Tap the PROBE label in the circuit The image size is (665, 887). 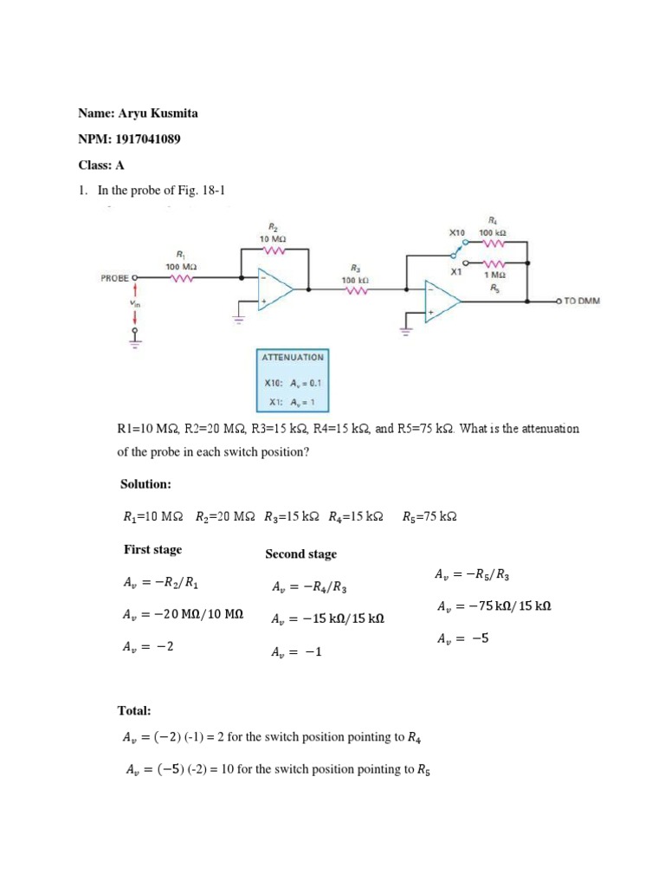point(114,278)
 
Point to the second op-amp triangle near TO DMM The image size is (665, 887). point(441,301)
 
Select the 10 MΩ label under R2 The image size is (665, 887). point(273,237)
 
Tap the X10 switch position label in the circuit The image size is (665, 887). point(457,233)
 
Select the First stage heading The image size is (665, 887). point(152,549)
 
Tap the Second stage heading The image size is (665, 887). point(300,554)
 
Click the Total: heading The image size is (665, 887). point(134,710)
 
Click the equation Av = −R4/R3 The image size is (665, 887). point(308,587)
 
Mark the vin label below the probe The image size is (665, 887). point(133,303)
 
